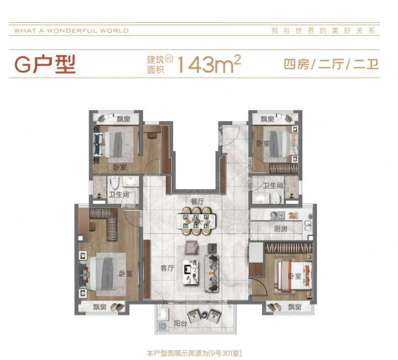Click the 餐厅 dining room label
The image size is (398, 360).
coord(197,202)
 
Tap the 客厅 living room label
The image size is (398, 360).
coord(167,268)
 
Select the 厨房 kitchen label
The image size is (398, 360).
coord(281,229)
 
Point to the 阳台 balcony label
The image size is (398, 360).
coord(180,324)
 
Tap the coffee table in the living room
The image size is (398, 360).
coord(191,272)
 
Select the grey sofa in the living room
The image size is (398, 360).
coord(211,273)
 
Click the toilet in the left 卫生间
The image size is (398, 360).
coord(115,183)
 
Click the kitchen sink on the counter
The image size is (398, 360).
coord(277,216)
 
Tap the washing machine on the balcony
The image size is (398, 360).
coord(163,326)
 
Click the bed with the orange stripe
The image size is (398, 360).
coord(295,275)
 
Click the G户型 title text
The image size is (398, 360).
coord(45,64)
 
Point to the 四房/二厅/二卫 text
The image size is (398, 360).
coord(331,64)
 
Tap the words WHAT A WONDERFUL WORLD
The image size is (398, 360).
coord(71,31)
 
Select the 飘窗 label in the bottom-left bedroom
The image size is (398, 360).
coord(99,307)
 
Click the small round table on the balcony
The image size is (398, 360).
coord(205,316)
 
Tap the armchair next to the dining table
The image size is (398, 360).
coord(192,247)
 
